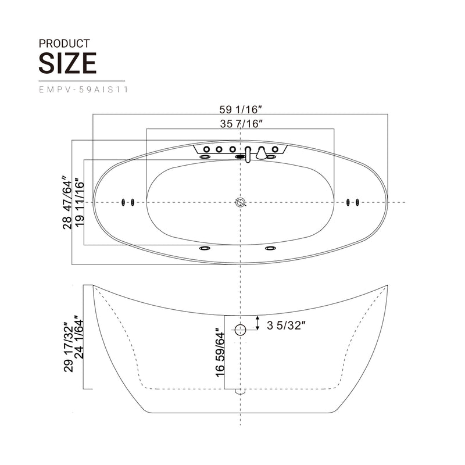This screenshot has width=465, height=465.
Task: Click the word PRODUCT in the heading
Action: point(64,43)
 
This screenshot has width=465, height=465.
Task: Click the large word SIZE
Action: point(67,63)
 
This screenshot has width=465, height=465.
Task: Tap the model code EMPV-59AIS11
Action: point(83,90)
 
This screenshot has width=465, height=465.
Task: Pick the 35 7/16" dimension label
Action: point(241,123)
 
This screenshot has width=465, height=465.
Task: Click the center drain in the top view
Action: point(241,202)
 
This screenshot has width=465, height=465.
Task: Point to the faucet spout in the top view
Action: point(248,155)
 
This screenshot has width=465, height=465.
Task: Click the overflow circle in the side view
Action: point(241,330)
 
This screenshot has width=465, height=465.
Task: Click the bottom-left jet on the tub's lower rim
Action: point(205,249)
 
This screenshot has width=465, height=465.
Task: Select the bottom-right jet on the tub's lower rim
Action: point(270,249)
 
